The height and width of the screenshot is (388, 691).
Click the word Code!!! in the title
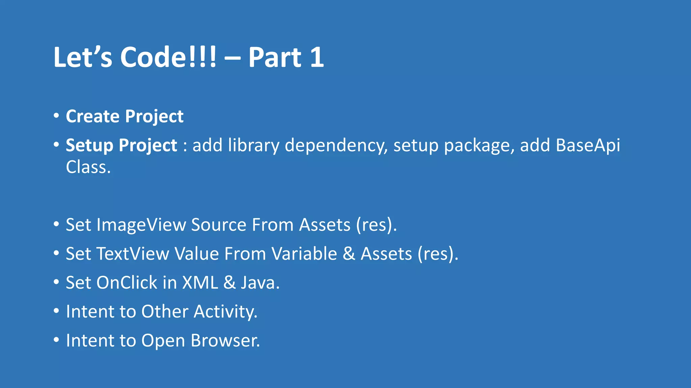coord(168,57)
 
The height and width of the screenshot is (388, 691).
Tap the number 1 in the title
coord(317,57)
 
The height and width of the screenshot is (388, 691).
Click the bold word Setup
coord(89,145)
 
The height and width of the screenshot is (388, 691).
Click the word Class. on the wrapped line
coord(88,167)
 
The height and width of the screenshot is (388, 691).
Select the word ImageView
coord(141,225)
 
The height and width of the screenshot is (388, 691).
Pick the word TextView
coord(132,254)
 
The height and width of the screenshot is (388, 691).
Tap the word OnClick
coord(127,283)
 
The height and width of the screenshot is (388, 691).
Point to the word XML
coord(200,283)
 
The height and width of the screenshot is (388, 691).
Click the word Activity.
coord(225,312)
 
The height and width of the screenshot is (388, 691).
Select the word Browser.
coord(225,341)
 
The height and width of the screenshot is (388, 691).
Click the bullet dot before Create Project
coord(56,116)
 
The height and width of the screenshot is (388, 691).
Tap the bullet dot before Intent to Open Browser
coord(56,339)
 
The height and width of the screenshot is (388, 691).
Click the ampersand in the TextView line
coord(349,254)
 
